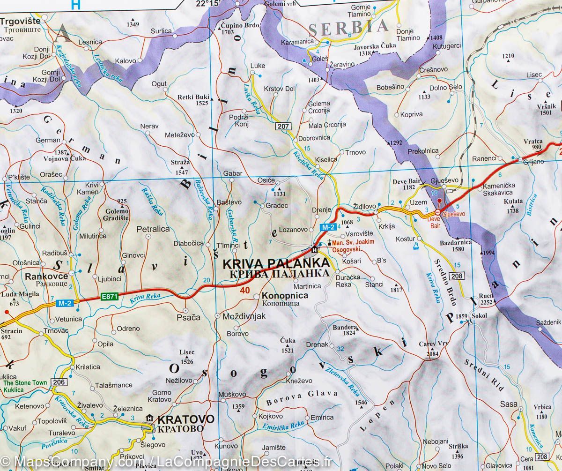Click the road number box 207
(x=283, y=126)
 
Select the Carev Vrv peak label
(x=434, y=344)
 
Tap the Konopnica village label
(x=285, y=296)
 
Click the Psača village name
(x=190, y=317)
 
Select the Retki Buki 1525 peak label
(x=192, y=100)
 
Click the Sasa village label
(x=509, y=404)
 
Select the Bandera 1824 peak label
(x=345, y=330)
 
